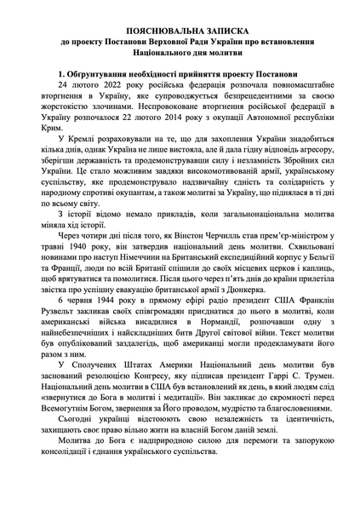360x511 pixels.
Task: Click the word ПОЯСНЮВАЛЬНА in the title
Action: [160, 28]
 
